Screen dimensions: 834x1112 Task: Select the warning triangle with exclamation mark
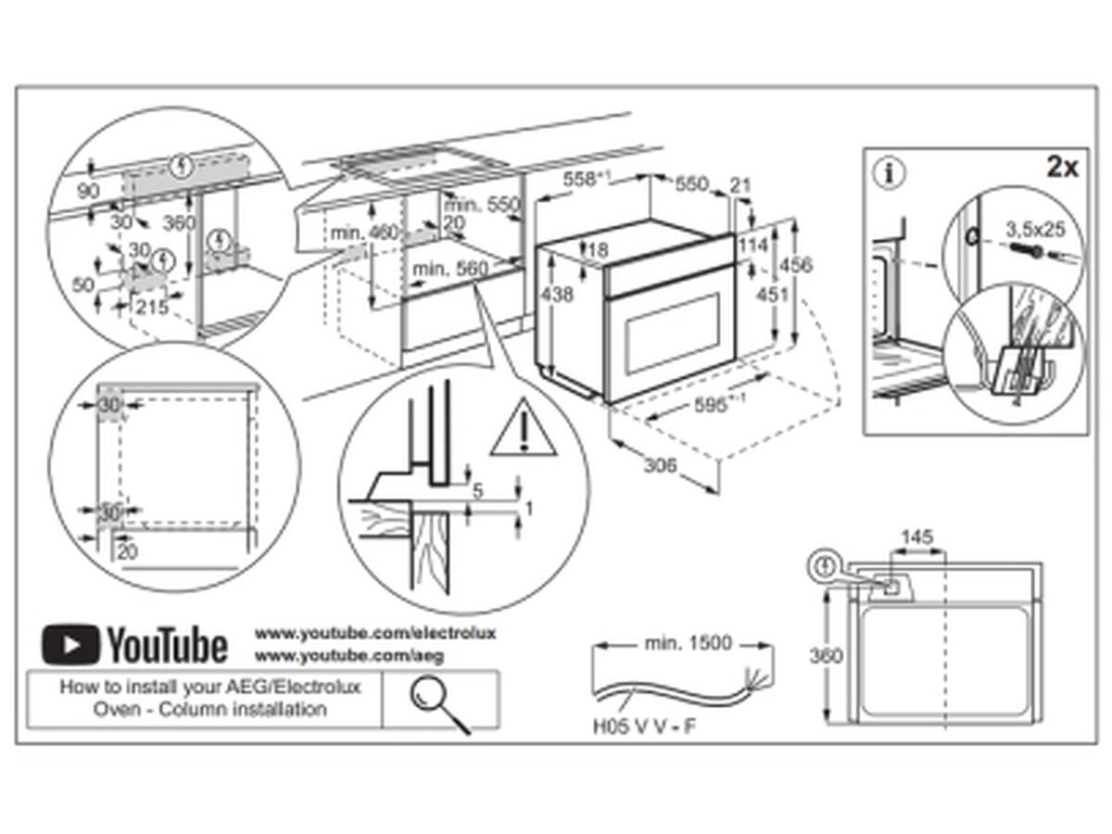click(524, 429)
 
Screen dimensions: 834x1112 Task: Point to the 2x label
click(1061, 167)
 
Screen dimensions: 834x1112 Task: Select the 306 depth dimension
click(660, 464)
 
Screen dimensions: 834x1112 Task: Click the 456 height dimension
click(793, 266)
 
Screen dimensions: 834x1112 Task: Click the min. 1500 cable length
click(687, 642)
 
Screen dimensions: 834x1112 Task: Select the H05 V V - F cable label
click(644, 727)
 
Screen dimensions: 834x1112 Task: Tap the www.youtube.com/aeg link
click(349, 655)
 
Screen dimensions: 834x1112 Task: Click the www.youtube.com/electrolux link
click(375, 633)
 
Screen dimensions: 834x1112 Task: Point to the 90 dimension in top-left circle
click(89, 190)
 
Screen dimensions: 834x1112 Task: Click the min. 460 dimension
click(364, 233)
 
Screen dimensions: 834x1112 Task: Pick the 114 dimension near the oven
click(755, 246)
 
